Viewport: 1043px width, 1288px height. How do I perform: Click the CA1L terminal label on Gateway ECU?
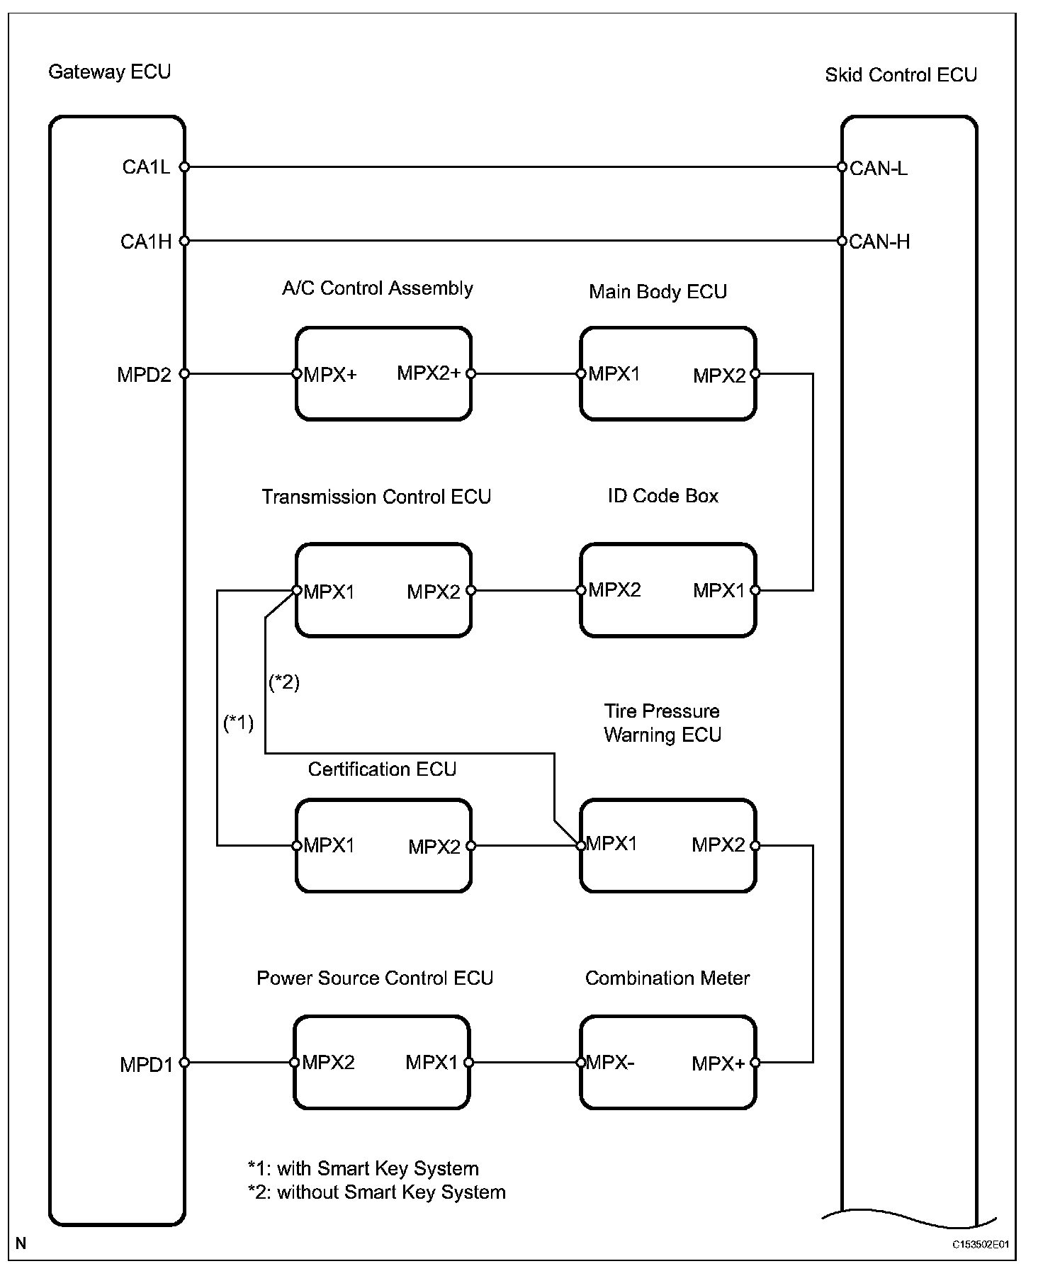(146, 167)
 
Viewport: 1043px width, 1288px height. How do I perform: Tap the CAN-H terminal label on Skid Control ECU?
(879, 242)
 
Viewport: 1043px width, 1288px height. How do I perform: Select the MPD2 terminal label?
(145, 375)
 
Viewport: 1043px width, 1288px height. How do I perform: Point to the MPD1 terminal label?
(146, 1065)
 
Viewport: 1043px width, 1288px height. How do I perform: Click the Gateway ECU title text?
(109, 72)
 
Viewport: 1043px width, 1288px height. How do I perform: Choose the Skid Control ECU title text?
(901, 75)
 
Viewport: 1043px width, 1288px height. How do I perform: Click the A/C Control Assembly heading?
(377, 288)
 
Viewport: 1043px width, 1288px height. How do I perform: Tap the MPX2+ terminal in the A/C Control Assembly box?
(429, 373)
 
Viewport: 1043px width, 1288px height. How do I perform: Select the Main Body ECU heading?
(658, 292)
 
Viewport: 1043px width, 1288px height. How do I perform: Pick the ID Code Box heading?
(663, 496)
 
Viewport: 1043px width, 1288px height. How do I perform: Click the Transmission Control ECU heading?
(376, 497)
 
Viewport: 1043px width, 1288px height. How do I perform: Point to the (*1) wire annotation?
(238, 723)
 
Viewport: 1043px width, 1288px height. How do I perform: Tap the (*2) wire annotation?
(284, 682)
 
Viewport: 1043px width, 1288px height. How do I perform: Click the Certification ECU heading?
(382, 769)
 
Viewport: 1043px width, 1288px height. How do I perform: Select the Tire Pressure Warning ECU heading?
(663, 723)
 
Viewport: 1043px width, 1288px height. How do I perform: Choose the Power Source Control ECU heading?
(375, 978)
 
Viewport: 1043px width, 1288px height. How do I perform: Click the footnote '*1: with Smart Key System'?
(363, 1168)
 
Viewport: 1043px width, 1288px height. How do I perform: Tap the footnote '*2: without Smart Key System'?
(376, 1192)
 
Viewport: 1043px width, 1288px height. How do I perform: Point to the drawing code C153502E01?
(980, 1244)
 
